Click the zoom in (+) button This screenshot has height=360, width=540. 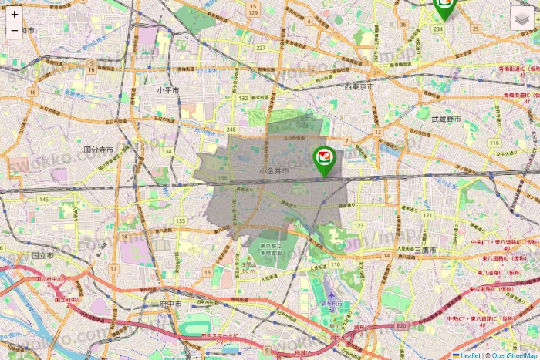(x=15, y=15)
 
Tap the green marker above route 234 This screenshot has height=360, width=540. (x=444, y=7)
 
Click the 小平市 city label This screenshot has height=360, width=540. (x=167, y=89)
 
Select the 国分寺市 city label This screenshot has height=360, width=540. (x=99, y=150)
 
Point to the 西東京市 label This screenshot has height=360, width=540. (x=359, y=86)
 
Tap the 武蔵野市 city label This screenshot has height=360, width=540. (x=446, y=119)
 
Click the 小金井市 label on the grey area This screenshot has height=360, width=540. (x=274, y=170)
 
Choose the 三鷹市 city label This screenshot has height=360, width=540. (x=425, y=251)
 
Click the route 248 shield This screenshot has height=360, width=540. (x=231, y=129)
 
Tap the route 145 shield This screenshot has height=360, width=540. (x=43, y=200)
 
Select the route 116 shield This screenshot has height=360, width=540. (x=494, y=143)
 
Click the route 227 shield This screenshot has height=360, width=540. (x=261, y=48)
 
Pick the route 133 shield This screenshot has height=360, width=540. (x=181, y=221)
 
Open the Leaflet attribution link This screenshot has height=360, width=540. (x=470, y=355)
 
